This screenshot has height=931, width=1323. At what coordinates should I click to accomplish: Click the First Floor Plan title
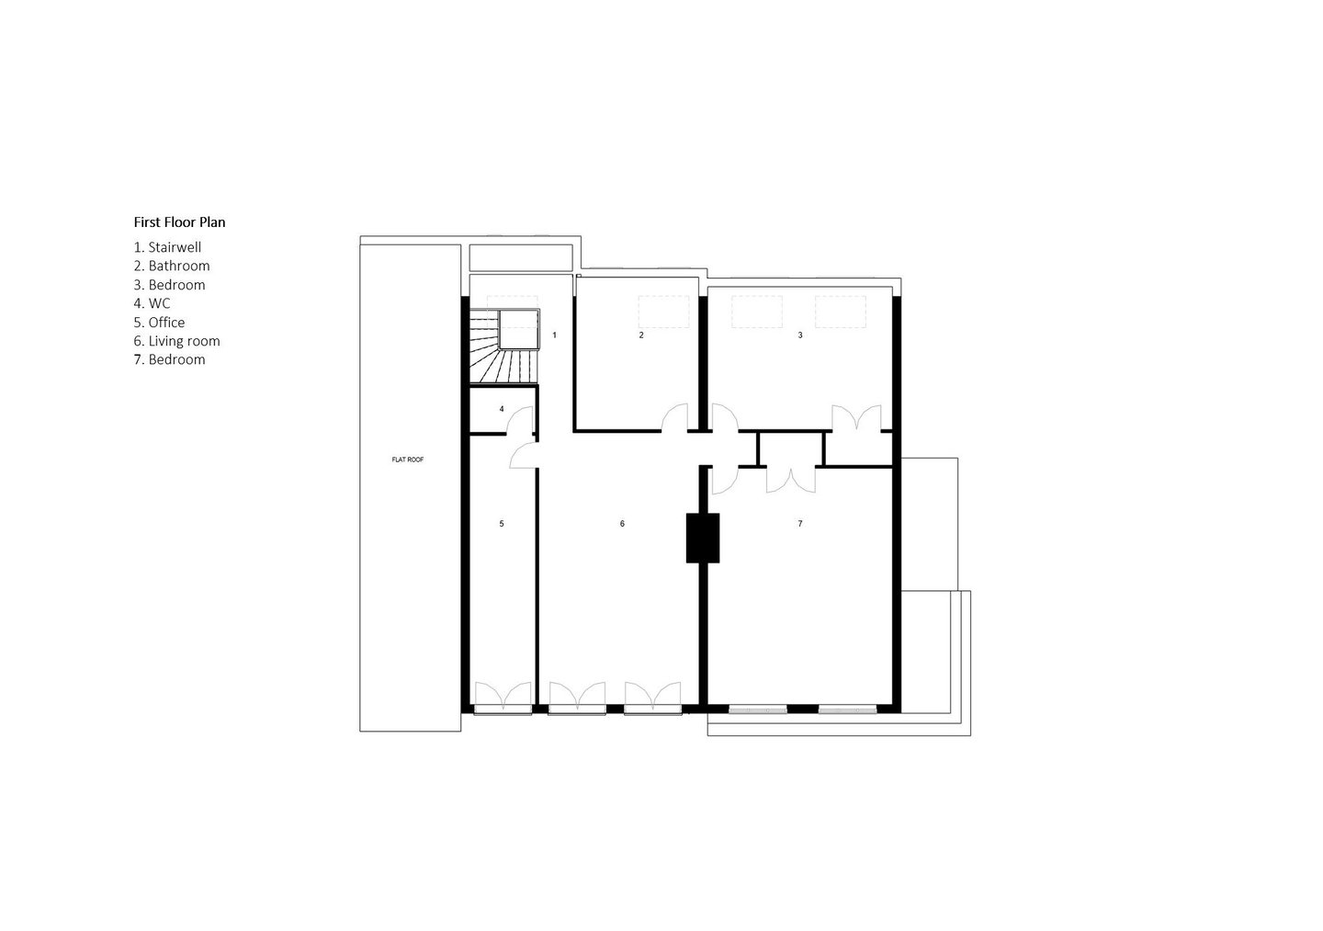pos(179,222)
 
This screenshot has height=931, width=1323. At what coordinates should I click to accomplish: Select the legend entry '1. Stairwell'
pos(167,247)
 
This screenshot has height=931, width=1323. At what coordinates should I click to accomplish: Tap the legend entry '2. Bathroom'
pos(171,266)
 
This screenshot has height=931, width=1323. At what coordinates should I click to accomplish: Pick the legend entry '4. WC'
pos(152,303)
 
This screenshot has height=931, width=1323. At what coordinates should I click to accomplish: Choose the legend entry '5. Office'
pos(159,323)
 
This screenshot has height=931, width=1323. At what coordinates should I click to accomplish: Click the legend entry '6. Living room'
pos(176,341)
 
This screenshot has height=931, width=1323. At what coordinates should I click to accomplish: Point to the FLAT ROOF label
pos(408,460)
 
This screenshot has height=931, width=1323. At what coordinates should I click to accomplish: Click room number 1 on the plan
pos(554,335)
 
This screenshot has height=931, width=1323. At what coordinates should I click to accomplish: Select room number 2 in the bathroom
pos(641,335)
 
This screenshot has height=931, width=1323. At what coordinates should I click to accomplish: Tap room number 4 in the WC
pos(502,409)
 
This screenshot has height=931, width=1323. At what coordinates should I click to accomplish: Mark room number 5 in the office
pos(502,523)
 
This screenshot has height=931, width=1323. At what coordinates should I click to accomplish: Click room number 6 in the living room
pos(622,523)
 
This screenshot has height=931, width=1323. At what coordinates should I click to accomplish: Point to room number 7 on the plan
pos(800,523)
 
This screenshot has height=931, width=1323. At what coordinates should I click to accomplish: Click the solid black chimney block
pos(703,538)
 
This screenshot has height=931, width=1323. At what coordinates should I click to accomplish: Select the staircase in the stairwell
pos(503,346)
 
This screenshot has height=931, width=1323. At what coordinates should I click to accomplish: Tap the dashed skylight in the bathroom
pos(664,312)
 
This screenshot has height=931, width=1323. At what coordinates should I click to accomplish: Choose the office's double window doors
pos(503,697)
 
